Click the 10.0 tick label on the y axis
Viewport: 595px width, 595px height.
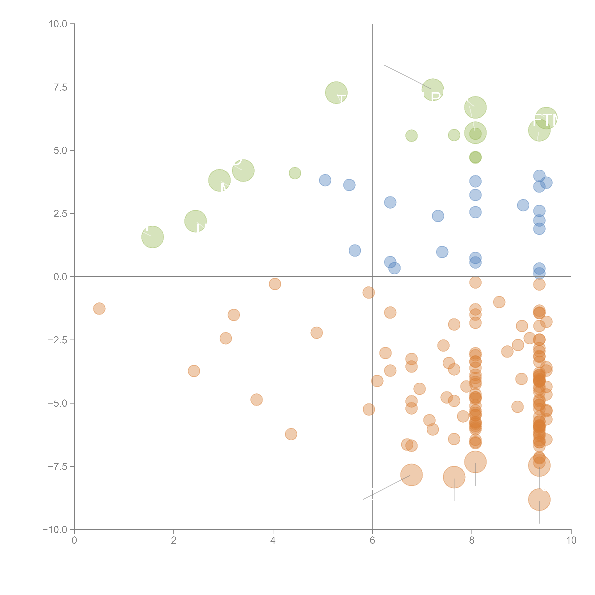click(58, 24)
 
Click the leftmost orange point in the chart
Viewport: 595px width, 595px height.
click(99, 309)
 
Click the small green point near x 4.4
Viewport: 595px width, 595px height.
click(295, 173)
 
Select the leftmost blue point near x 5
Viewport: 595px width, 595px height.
click(325, 180)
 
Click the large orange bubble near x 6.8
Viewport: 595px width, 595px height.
click(412, 475)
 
